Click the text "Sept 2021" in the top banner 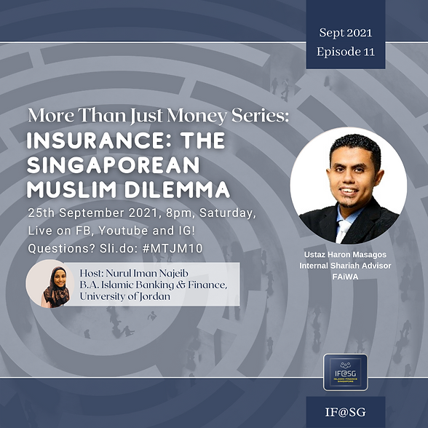coord(344,33)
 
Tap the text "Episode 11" coord(344,52)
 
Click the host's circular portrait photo coord(47,284)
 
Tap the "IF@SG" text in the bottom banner coord(344,413)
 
